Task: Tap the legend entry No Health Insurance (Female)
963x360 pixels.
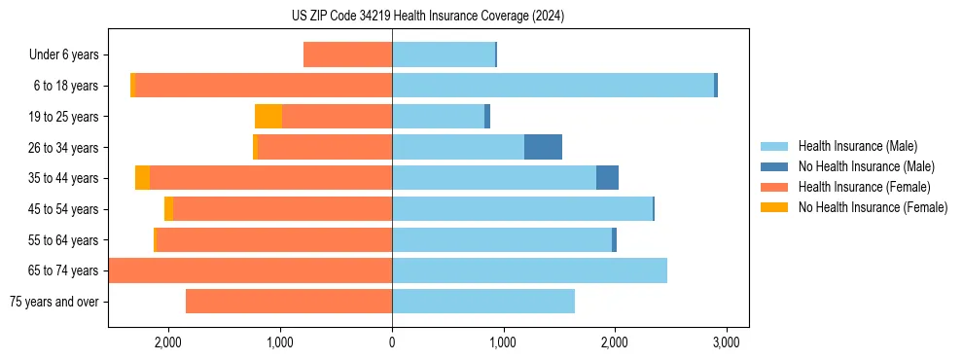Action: pyautogui.click(x=873, y=207)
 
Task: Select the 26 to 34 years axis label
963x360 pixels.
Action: pyautogui.click(x=64, y=148)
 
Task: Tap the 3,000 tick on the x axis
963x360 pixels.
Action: pyautogui.click(x=726, y=342)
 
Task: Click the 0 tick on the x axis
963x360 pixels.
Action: pyautogui.click(x=392, y=342)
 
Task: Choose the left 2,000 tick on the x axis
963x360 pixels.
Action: pyautogui.click(x=168, y=342)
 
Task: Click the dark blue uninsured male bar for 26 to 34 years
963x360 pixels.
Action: pyautogui.click(x=543, y=147)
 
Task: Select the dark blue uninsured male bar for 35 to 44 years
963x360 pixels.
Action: pyautogui.click(x=607, y=178)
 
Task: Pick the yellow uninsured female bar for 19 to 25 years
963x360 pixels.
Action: pyautogui.click(x=268, y=117)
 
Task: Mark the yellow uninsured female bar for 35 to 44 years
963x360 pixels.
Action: pyautogui.click(x=142, y=178)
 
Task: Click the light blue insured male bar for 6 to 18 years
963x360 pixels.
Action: pyautogui.click(x=553, y=86)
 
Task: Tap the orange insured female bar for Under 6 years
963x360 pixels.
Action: pyautogui.click(x=347, y=54)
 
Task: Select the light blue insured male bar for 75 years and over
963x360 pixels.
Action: pyautogui.click(x=483, y=302)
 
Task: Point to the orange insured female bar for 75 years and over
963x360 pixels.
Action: pyautogui.click(x=289, y=302)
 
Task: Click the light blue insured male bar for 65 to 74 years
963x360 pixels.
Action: pyautogui.click(x=529, y=270)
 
